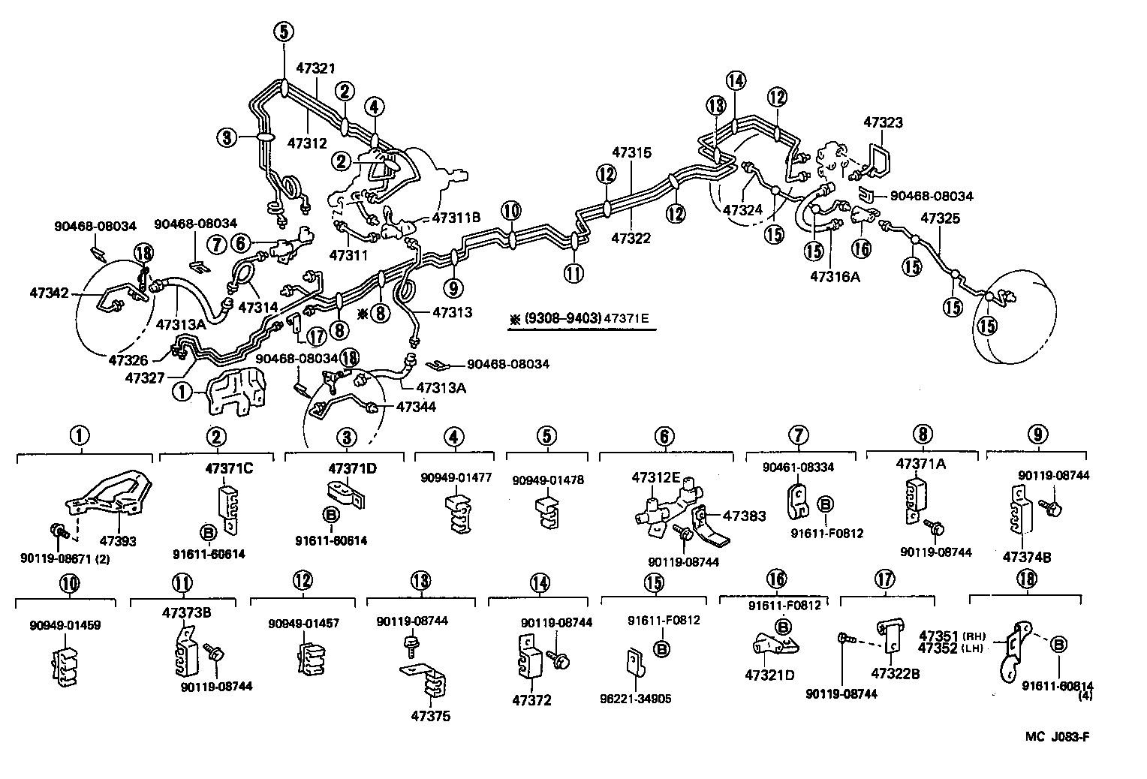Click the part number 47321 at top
[316, 67]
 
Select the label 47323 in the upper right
[883, 122]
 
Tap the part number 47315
[631, 152]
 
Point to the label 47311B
[456, 218]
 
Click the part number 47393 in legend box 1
[118, 540]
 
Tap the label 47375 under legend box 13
[431, 716]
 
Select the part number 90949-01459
[65, 624]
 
